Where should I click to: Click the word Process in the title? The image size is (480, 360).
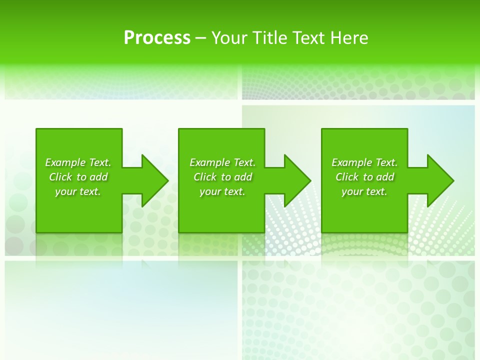[157, 38]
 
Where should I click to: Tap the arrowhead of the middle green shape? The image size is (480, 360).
[296, 180]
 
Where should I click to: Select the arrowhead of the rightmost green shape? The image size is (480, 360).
[439, 180]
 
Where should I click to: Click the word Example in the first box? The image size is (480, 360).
[65, 162]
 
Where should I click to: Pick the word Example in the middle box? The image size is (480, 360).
[209, 162]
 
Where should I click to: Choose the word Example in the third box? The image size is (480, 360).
[351, 162]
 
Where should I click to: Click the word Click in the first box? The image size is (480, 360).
[60, 177]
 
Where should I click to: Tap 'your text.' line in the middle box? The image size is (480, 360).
[222, 191]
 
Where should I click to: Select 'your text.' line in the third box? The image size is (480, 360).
[364, 191]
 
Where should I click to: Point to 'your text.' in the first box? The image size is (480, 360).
[78, 191]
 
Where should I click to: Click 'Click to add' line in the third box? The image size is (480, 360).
[364, 177]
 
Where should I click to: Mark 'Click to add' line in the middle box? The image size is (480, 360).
[222, 177]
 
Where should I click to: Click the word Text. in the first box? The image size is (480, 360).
[100, 162]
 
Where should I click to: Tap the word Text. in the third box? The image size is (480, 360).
[386, 162]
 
